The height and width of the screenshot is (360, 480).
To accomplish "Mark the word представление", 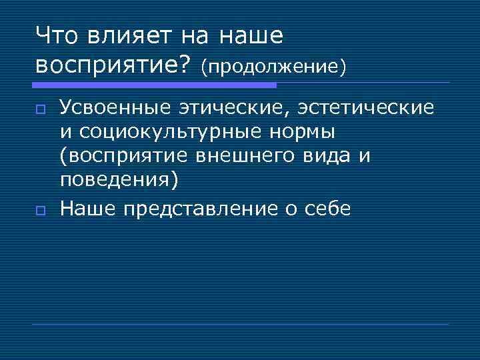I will tap(199, 208).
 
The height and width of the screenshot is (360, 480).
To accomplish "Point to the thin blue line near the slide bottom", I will tap(240, 324).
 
